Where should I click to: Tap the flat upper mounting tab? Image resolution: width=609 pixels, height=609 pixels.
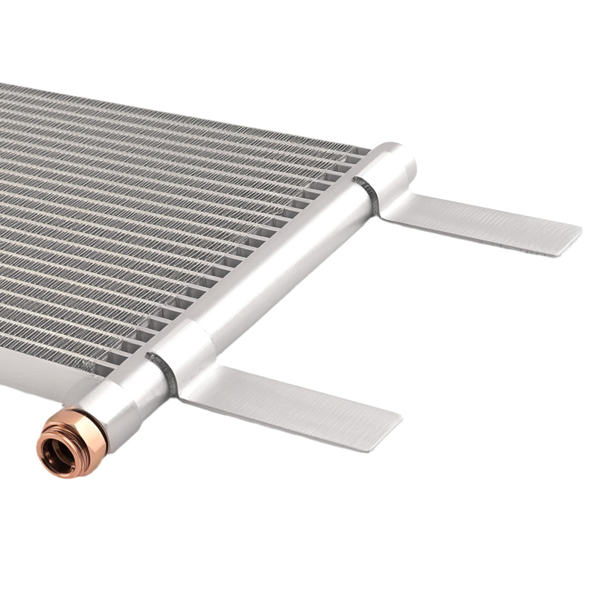481,222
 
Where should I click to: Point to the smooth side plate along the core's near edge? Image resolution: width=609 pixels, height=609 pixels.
37,378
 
